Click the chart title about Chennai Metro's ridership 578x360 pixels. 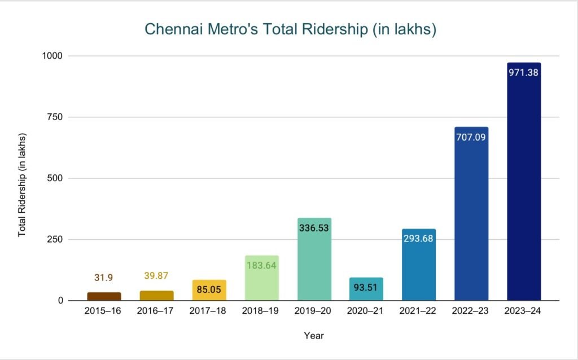tap(290, 30)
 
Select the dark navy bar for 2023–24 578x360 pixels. tap(524, 186)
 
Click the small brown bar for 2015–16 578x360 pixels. tap(104, 296)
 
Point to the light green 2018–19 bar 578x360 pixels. tap(262, 282)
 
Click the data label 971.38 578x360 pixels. tap(524, 73)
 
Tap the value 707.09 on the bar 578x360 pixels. tap(471, 137)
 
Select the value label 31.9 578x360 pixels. tap(104, 278)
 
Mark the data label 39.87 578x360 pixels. tap(156, 275)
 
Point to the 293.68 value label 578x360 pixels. tap(419, 238)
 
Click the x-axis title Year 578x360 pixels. tap(314, 336)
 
